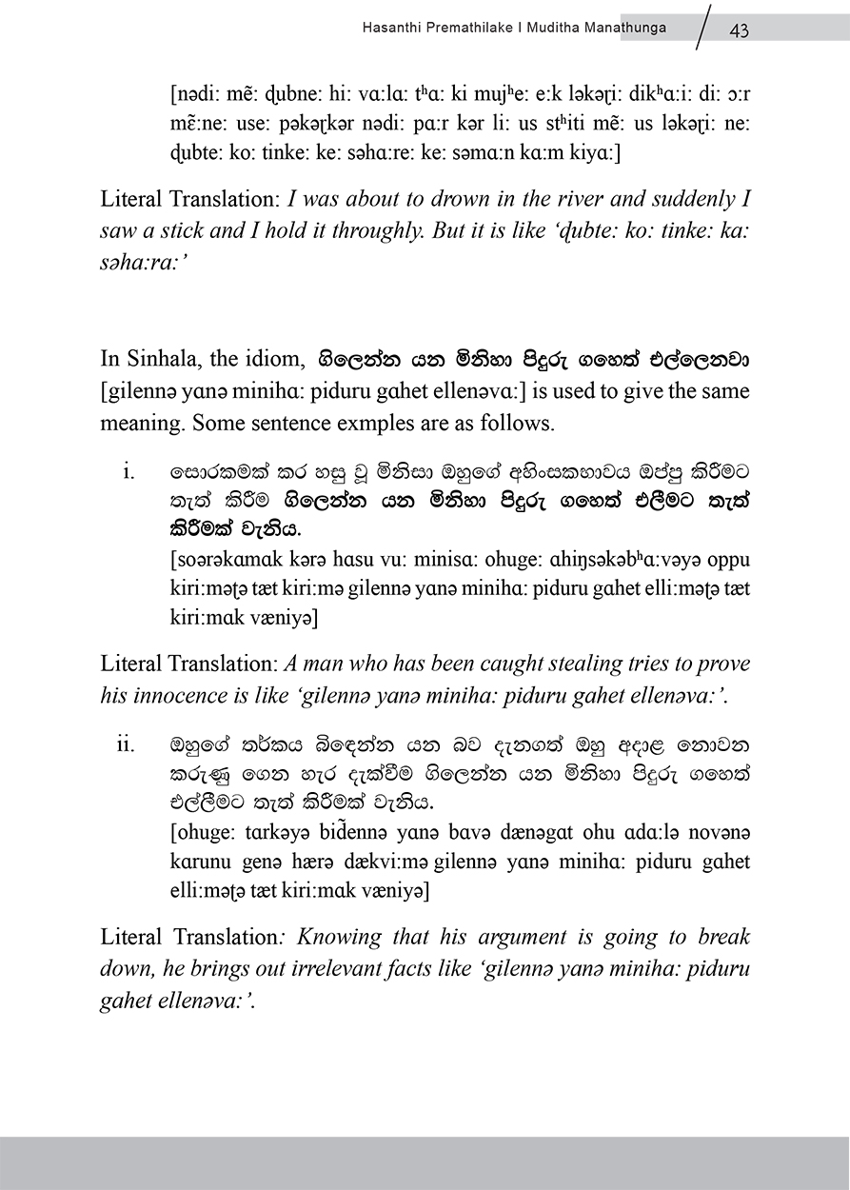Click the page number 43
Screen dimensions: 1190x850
coord(739,30)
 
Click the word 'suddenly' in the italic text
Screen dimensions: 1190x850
coord(682,199)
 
